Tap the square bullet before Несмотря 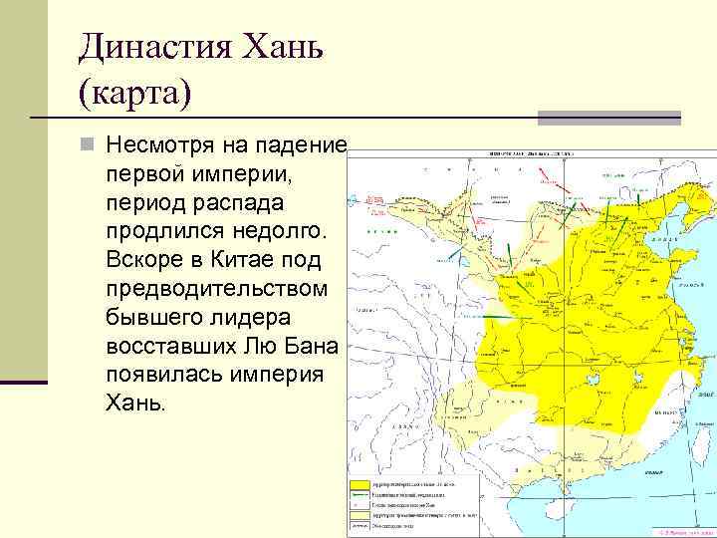(x=89, y=146)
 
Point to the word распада (x=235, y=202)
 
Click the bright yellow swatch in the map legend (x=358, y=485)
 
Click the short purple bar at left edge (x=24, y=382)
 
